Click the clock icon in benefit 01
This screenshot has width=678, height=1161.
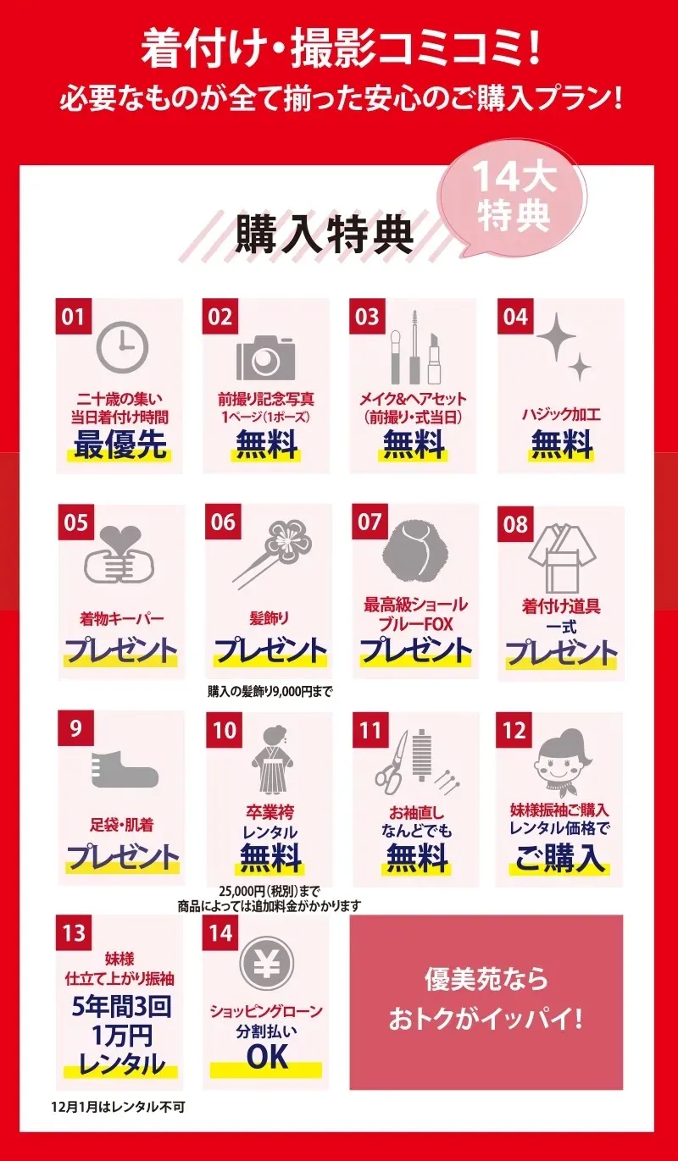(123, 346)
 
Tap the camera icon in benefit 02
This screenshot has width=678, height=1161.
(266, 357)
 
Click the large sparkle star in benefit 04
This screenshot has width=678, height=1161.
(556, 337)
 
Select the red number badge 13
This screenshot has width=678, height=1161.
(74, 933)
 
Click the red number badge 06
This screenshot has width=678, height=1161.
(223, 522)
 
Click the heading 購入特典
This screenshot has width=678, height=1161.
(325, 235)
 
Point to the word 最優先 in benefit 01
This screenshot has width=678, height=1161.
(120, 445)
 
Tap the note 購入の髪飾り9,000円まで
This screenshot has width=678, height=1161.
(270, 691)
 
